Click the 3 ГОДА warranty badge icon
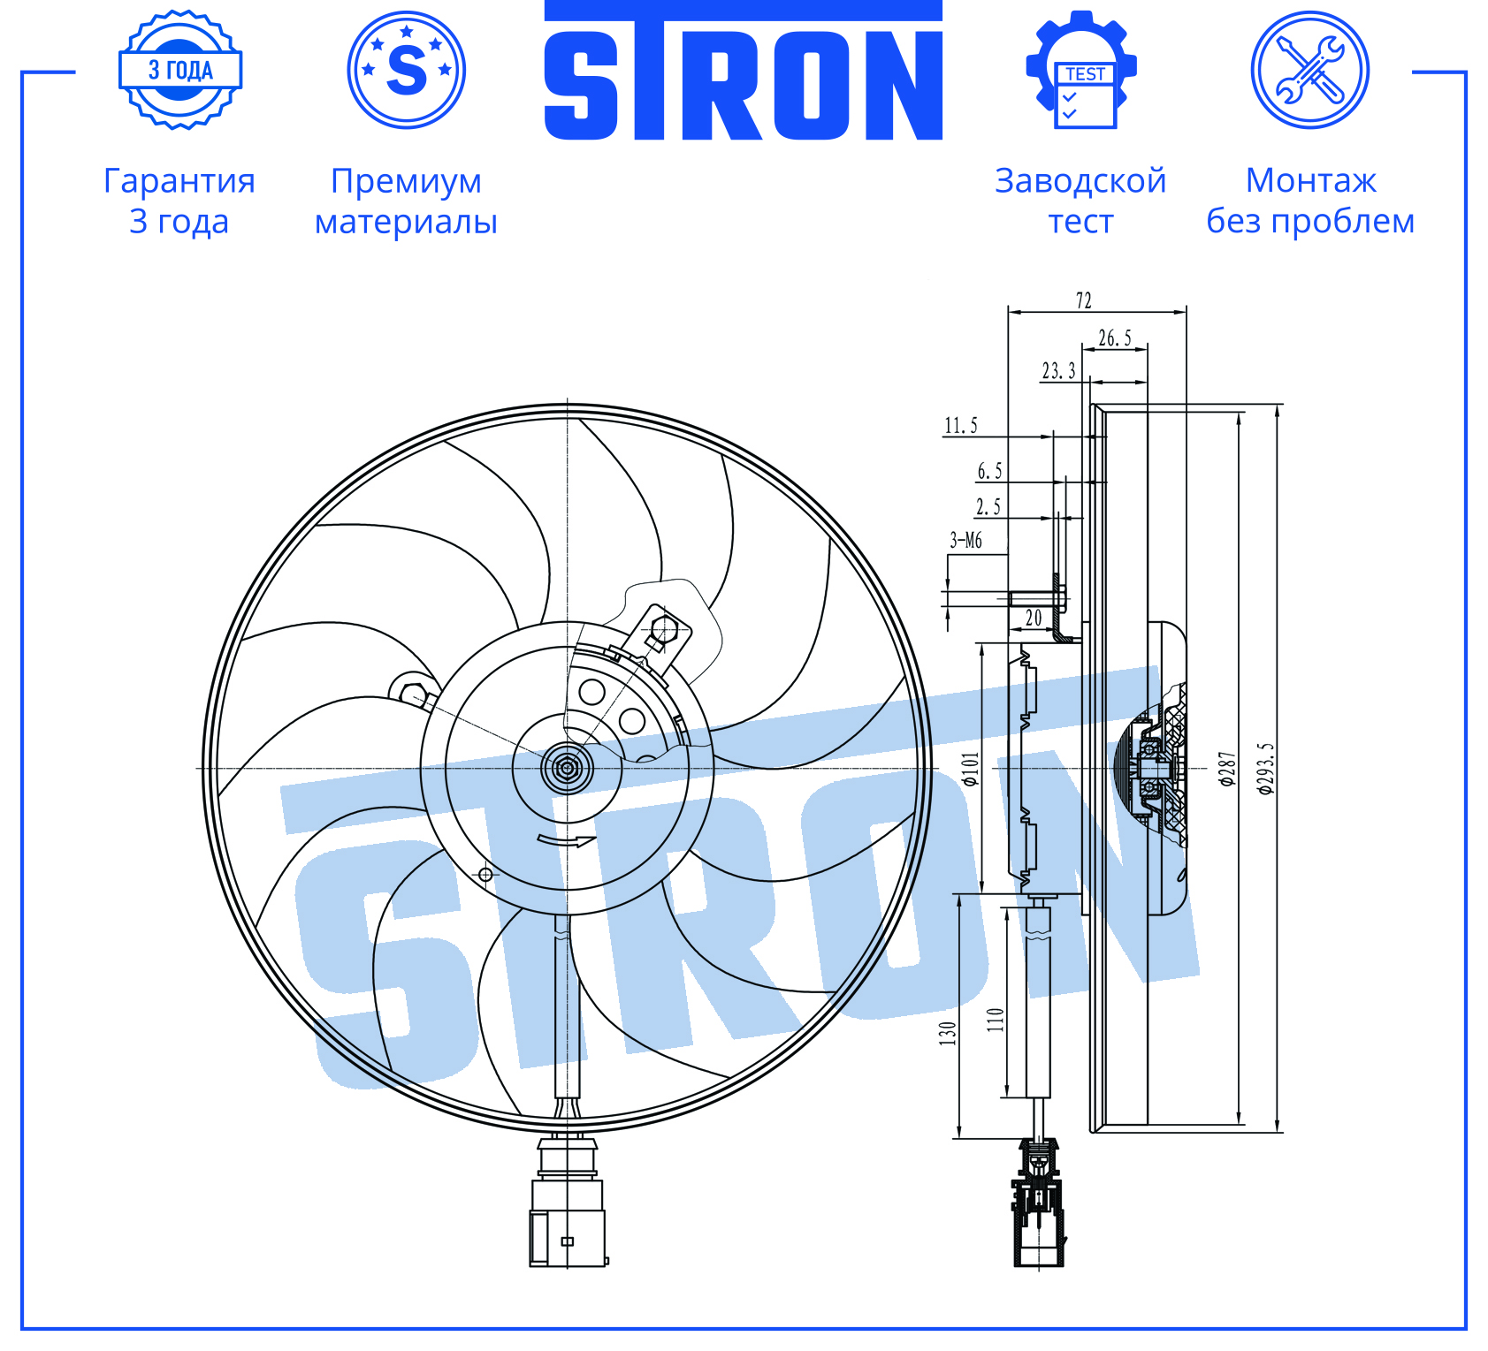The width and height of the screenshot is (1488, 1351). (x=180, y=70)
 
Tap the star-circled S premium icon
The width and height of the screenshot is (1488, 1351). (x=407, y=70)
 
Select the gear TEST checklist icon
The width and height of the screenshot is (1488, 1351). (x=1081, y=70)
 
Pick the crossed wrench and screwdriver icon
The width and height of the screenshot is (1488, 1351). (x=1310, y=70)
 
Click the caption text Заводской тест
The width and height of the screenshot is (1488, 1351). (x=1080, y=201)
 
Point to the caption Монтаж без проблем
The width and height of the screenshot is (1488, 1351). (x=1310, y=201)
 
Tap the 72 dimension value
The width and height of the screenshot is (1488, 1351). (x=1084, y=300)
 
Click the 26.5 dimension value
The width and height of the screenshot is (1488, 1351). (x=1115, y=338)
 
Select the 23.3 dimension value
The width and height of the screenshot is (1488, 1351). (x=1058, y=370)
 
